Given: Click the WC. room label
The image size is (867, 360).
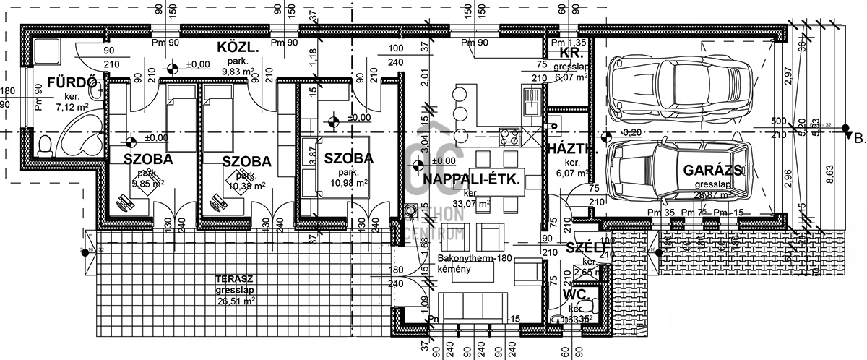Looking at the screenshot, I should [x=578, y=295].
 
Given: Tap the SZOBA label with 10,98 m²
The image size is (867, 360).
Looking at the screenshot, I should [x=348, y=158].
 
